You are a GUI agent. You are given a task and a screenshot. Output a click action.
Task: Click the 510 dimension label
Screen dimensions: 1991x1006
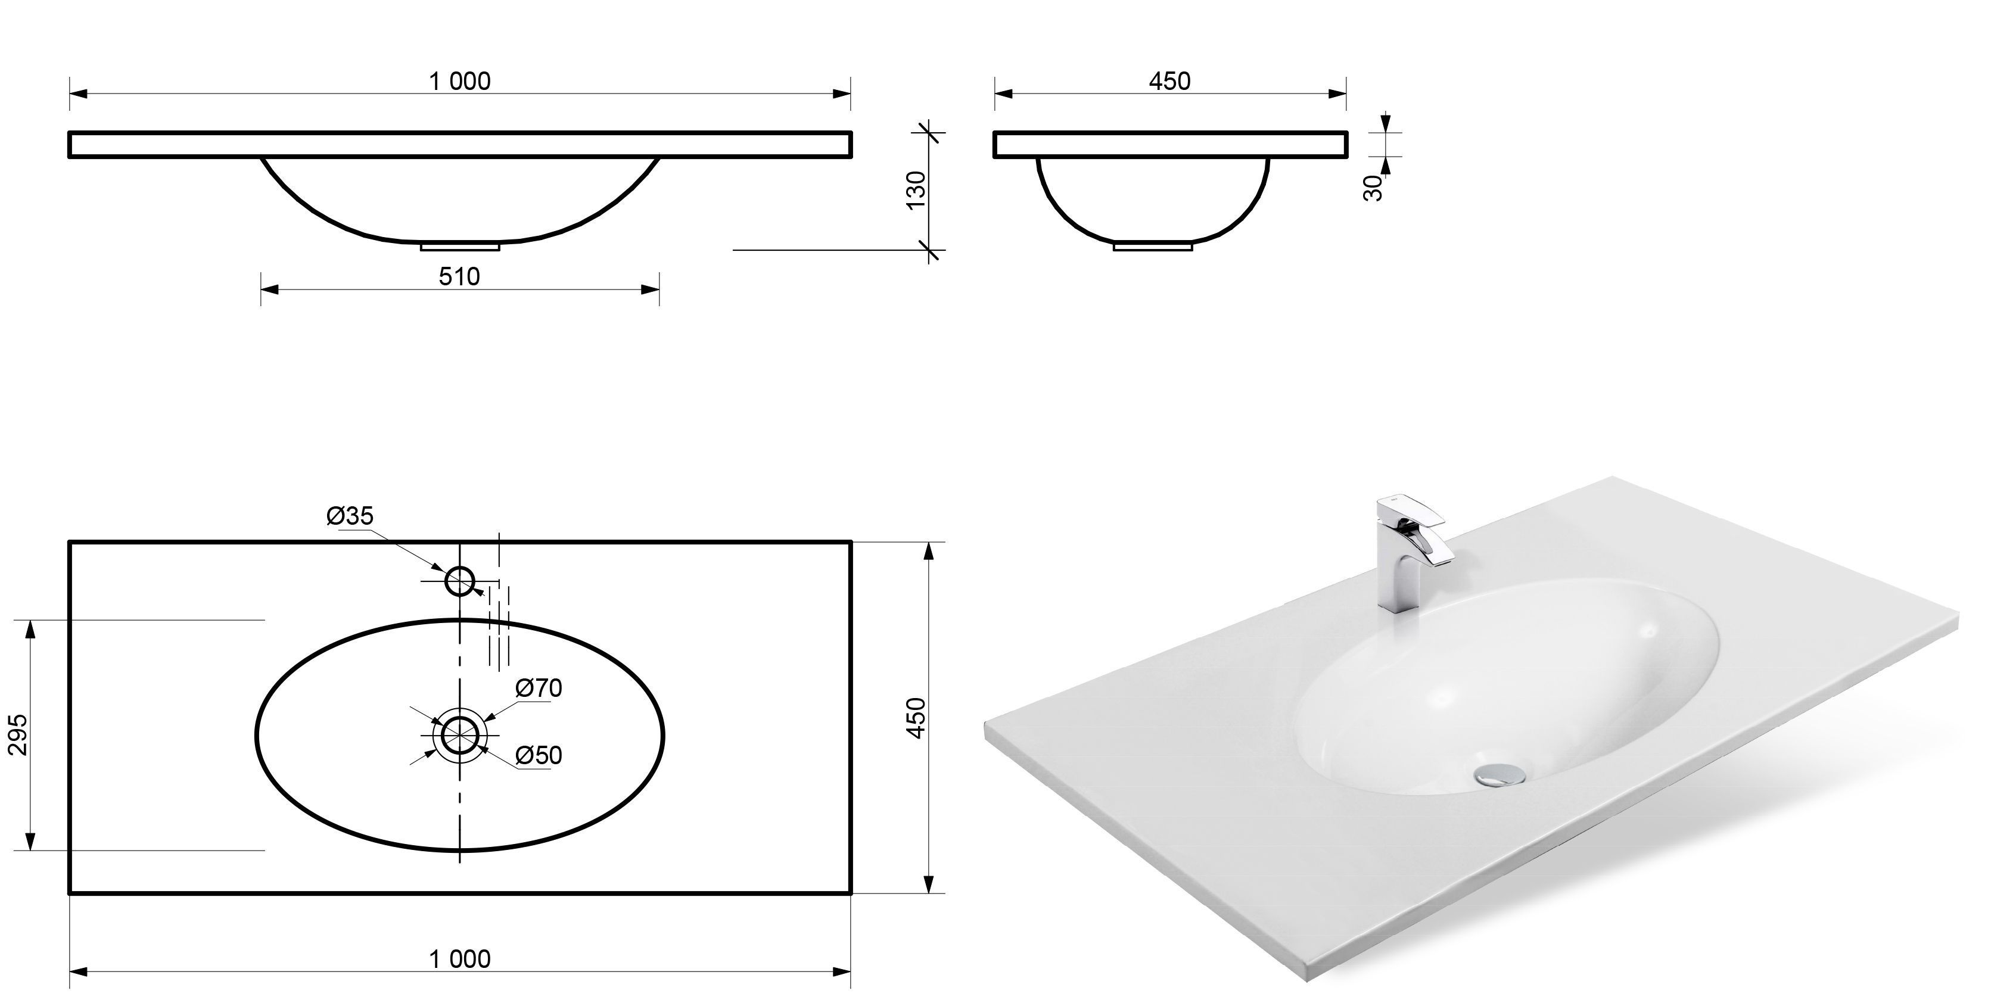[x=459, y=276]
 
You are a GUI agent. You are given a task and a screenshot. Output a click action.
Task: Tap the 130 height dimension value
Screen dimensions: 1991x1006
[x=915, y=189]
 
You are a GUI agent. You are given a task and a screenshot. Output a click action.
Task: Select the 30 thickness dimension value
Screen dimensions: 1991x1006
[x=1373, y=188]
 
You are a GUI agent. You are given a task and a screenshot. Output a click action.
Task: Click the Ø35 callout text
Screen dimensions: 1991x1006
[x=350, y=515]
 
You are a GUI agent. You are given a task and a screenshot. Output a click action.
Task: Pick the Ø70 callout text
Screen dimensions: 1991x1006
[x=539, y=688]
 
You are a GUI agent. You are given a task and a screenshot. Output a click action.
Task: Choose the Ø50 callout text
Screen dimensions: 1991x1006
[x=539, y=755]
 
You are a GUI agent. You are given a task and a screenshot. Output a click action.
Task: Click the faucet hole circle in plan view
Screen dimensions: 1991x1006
[x=460, y=566]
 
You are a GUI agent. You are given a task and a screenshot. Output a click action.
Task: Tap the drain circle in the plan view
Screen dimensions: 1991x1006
[x=460, y=715]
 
